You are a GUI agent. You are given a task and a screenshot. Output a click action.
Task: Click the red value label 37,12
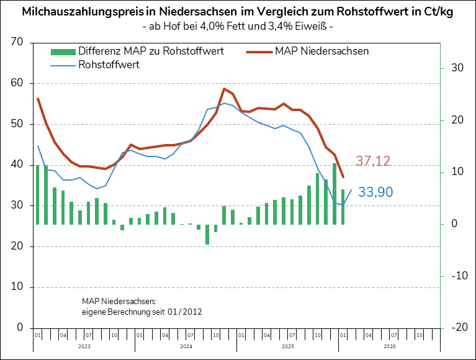point(372,161)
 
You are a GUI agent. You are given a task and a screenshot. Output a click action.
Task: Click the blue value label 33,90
point(375,192)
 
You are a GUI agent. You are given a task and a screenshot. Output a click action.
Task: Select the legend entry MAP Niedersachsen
point(321,51)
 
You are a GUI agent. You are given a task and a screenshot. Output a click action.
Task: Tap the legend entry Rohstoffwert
point(109,64)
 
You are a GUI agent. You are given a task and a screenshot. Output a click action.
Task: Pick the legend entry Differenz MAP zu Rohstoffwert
point(151,51)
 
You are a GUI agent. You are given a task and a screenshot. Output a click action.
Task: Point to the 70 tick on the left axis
point(17,42)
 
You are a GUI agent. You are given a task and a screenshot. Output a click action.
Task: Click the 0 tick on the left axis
point(20,328)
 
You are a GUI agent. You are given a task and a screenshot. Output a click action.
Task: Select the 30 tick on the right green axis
point(458,68)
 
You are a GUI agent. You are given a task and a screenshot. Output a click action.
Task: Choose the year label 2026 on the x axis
point(389,346)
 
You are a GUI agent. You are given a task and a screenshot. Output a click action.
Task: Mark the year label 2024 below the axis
point(186,346)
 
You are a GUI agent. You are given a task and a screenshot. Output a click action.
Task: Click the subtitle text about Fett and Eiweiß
point(238,27)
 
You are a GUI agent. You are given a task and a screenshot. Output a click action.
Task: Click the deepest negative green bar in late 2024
point(207,234)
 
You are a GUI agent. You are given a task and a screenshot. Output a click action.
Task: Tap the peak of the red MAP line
point(224,89)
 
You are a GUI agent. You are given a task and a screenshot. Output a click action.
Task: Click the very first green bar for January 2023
point(38,194)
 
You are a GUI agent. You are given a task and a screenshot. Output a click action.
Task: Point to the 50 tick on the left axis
point(17,124)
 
